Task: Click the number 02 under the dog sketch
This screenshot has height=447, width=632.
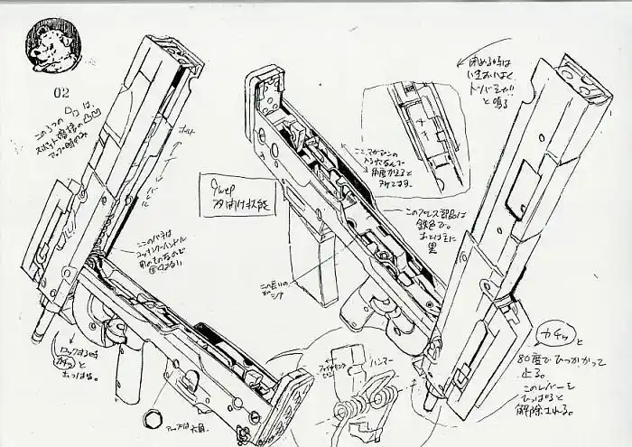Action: [61, 92]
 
